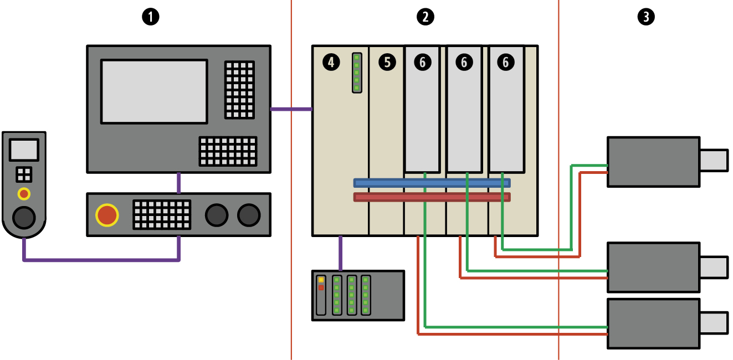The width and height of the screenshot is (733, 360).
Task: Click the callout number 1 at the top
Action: pyautogui.click(x=150, y=17)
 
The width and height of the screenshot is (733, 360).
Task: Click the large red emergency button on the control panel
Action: pyautogui.click(x=107, y=215)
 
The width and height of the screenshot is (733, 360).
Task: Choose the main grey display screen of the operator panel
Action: pyautogui.click(x=154, y=91)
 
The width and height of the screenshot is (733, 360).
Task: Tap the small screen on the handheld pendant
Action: pyautogui.click(x=24, y=150)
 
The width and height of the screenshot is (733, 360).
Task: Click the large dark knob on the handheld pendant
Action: pyautogui.click(x=24, y=218)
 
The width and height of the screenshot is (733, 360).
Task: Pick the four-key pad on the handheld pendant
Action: pyautogui.click(x=24, y=175)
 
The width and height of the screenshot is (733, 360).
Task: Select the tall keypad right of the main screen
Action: pyautogui.click(x=240, y=90)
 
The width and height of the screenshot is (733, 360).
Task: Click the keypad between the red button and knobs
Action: pyautogui.click(x=162, y=215)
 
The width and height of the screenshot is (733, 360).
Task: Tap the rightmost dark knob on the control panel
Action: pyautogui.click(x=249, y=215)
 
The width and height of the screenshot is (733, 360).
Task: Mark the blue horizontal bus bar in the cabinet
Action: pyautogui.click(x=432, y=183)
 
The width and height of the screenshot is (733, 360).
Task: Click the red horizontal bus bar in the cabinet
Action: pyautogui.click(x=432, y=197)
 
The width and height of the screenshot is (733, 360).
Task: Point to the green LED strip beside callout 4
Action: pyautogui.click(x=357, y=73)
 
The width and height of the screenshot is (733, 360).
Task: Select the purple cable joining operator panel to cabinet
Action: pyautogui.click(x=291, y=109)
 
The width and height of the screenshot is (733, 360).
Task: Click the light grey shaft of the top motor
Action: pyautogui.click(x=714, y=161)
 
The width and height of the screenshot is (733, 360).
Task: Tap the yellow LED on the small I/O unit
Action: pyautogui.click(x=321, y=280)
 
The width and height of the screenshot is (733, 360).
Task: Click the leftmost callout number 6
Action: pyautogui.click(x=422, y=63)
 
